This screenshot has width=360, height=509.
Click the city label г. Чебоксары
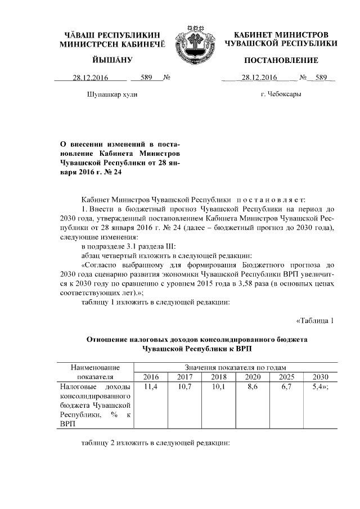pyautogui.click(x=281, y=94)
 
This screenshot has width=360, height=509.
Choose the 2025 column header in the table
pyautogui.click(x=286, y=377)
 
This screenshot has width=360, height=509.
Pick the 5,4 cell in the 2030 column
pyautogui.click(x=320, y=388)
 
